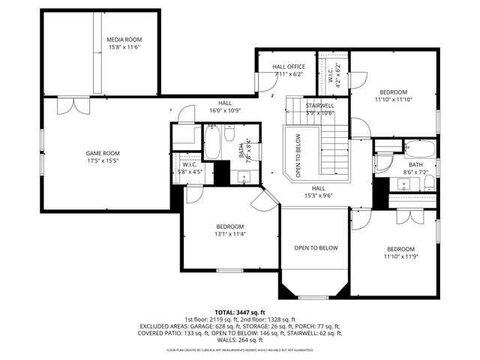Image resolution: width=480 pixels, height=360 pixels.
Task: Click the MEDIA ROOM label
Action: (x=124, y=40)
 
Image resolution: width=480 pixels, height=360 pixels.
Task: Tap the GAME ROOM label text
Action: (x=103, y=153)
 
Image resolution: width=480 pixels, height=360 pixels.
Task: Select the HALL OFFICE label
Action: (x=288, y=67)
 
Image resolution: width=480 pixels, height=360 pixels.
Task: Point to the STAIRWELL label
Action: (x=319, y=106)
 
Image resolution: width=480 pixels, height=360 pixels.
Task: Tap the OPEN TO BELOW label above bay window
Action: (x=316, y=248)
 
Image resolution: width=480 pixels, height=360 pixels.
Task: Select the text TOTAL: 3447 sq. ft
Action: (x=240, y=312)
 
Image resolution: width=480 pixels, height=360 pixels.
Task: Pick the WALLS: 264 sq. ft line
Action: (x=240, y=341)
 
